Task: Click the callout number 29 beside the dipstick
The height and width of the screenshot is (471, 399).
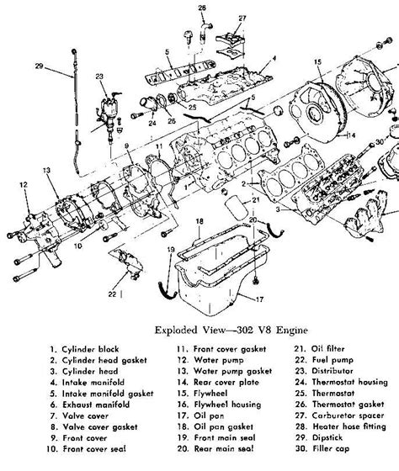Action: [39, 66]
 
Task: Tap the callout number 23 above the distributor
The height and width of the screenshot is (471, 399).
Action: [99, 77]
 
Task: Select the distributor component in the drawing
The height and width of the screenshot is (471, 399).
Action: [109, 116]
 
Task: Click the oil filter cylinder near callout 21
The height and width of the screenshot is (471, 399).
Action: [237, 208]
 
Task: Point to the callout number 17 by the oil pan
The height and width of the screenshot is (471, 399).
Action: [259, 299]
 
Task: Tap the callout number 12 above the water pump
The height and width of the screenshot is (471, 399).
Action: [24, 185]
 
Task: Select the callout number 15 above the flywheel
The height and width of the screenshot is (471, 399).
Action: [317, 62]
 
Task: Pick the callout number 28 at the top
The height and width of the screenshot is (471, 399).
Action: [202, 8]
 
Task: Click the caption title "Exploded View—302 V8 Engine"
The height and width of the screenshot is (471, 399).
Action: [231, 330]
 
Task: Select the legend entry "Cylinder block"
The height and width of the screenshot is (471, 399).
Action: [90, 349]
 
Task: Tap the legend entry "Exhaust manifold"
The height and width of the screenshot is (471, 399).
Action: [96, 405]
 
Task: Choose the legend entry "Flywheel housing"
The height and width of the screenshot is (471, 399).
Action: [227, 405]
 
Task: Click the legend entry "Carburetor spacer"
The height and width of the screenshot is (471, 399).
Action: [348, 415]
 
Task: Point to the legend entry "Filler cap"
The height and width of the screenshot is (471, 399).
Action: [331, 449]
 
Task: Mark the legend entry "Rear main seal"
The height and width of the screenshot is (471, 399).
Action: [224, 449]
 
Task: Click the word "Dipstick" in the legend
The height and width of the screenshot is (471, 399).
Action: [327, 437]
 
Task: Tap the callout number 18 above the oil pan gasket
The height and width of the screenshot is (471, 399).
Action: [199, 221]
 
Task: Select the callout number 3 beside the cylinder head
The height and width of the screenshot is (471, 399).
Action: [278, 209]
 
